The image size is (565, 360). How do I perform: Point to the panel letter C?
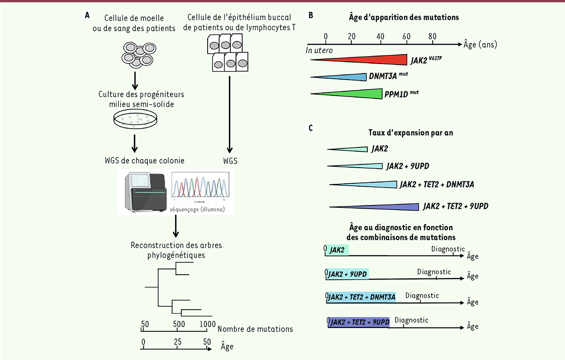(x=311, y=128)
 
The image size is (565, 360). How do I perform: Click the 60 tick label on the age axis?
(x=406, y=36)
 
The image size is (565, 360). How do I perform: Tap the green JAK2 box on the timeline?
(x=338, y=250)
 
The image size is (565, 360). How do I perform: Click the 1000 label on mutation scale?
(x=206, y=324)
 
